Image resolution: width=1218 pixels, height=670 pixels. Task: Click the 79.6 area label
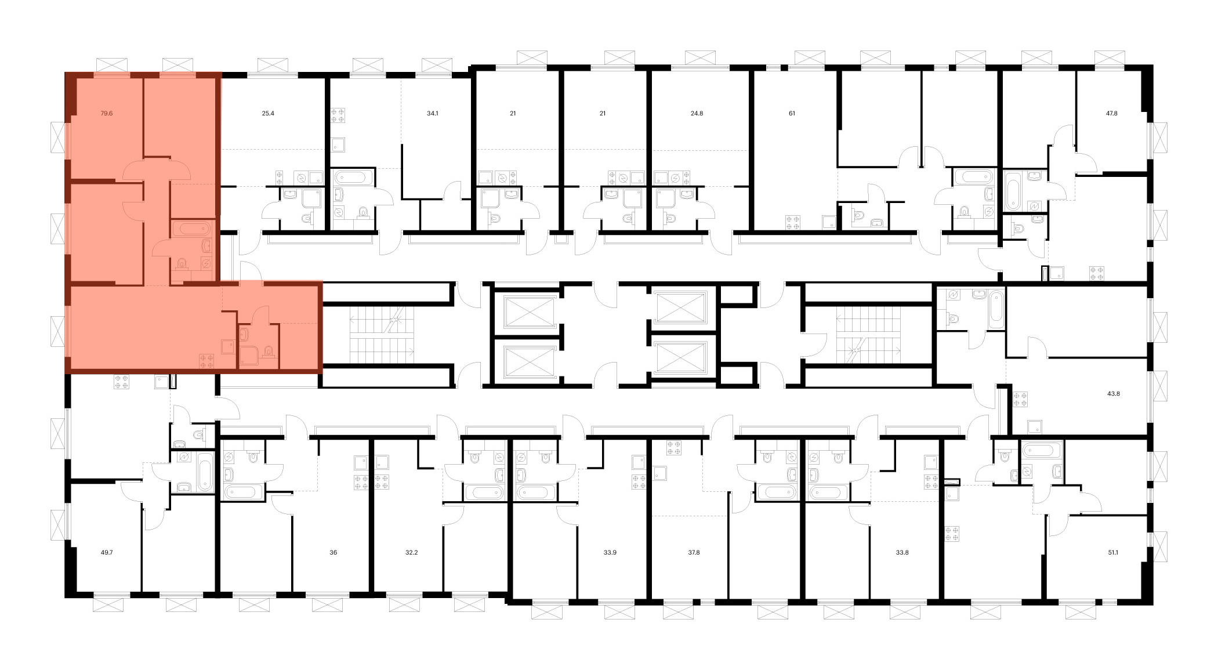[x=106, y=114]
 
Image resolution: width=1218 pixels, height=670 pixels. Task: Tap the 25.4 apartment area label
[x=267, y=114]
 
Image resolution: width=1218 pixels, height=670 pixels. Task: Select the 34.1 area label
[x=432, y=114]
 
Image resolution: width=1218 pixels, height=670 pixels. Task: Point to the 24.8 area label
[x=697, y=114]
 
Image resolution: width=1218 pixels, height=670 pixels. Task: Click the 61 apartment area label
[x=792, y=114]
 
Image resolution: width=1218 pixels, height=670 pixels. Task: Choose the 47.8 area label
[x=1111, y=114]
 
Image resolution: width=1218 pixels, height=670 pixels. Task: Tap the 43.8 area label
[x=1113, y=394]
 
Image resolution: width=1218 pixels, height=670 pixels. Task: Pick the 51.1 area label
[x=1112, y=553]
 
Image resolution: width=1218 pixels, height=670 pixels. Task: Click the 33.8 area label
[x=902, y=553]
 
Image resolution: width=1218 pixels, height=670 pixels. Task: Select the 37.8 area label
[x=694, y=553]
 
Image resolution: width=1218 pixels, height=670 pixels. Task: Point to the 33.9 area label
[x=610, y=553]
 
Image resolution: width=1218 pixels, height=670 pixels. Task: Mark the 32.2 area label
[x=411, y=553]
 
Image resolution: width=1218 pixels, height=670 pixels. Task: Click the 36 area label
[x=333, y=553]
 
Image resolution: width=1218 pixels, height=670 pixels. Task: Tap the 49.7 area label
[x=107, y=553]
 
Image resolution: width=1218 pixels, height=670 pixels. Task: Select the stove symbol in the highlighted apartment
[x=206, y=361]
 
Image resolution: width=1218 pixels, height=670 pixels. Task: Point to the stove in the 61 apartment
[x=792, y=223]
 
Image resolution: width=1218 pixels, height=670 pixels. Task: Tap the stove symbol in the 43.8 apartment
[x=1020, y=399]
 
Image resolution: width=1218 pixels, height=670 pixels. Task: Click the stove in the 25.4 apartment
[x=280, y=178]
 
